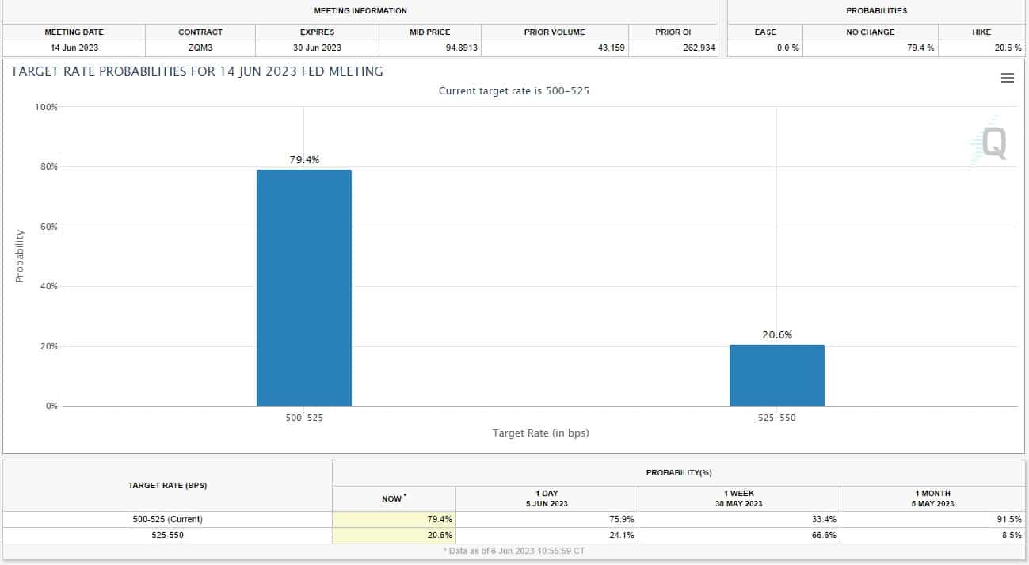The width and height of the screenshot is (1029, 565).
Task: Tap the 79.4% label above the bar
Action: (303, 159)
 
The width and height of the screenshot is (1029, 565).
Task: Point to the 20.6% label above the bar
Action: (777, 335)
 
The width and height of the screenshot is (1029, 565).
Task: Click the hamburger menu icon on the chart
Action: (1008, 78)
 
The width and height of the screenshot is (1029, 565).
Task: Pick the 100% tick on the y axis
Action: (45, 107)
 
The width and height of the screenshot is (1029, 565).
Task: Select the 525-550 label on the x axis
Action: (776, 418)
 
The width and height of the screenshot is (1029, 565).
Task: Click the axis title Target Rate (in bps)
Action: (540, 433)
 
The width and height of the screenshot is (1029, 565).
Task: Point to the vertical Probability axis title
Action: (21, 256)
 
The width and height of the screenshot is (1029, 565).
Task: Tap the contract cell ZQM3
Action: (200, 48)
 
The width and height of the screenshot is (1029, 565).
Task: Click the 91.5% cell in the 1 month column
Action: (1009, 519)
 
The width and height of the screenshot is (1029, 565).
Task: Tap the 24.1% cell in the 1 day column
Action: (622, 535)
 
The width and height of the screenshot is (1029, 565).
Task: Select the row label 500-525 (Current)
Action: (167, 519)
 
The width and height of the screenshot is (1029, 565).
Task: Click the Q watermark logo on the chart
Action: (993, 143)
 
